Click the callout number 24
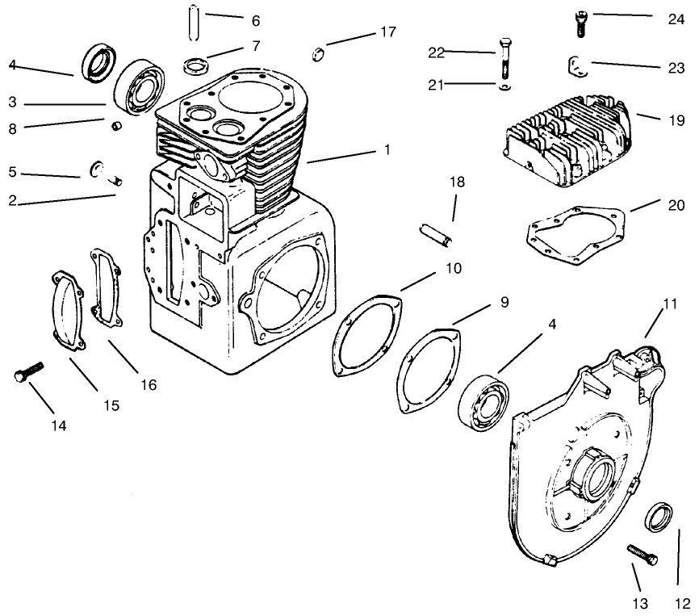[x=676, y=19]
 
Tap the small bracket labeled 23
[x=575, y=65]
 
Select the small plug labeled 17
[x=318, y=54]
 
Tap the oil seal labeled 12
[x=660, y=516]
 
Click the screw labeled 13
[x=642, y=555]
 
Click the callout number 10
[x=453, y=268]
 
